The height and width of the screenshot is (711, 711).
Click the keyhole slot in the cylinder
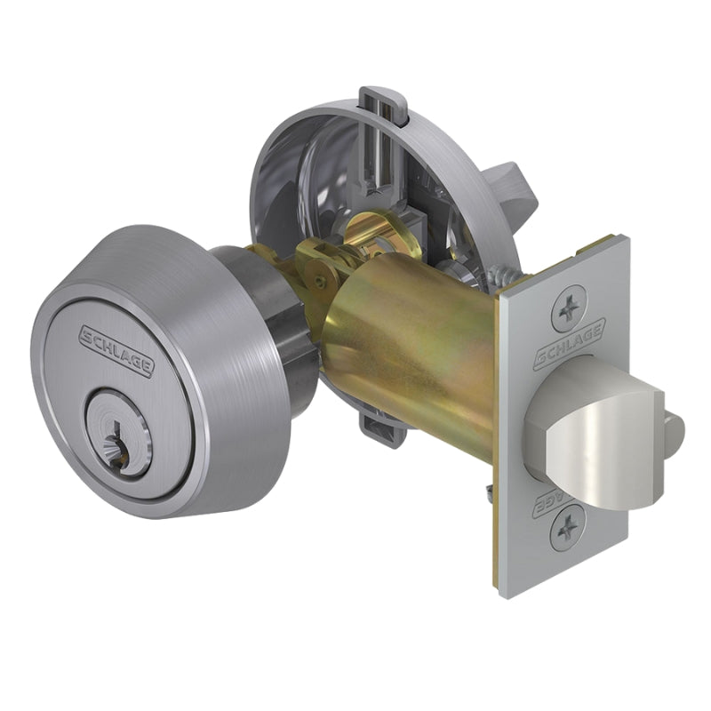coord(116,435)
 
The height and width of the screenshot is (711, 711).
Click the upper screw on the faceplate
coord(566,313)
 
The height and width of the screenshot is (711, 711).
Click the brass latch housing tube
coord(418,355)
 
